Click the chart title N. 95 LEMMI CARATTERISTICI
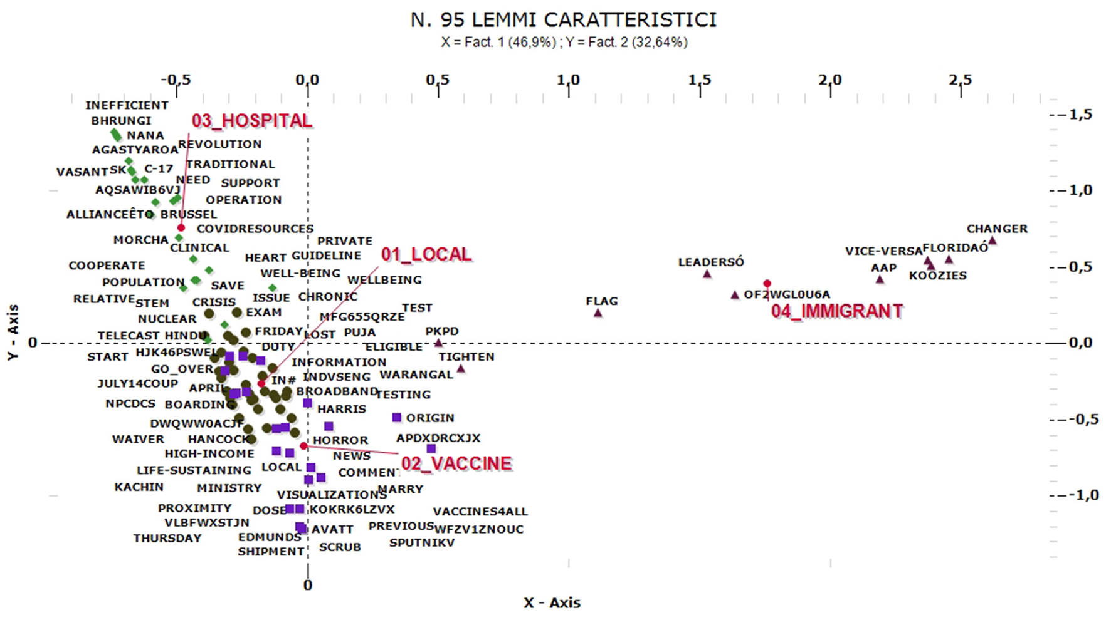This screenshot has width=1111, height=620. (x=563, y=19)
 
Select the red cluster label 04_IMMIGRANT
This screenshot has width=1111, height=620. (x=836, y=311)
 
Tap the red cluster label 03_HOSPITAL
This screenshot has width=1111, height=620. (x=251, y=121)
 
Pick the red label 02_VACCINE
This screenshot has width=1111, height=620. (x=456, y=463)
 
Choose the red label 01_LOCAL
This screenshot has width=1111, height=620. (x=426, y=254)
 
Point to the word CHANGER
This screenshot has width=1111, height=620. (x=996, y=229)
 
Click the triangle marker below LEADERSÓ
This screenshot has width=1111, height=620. (x=707, y=274)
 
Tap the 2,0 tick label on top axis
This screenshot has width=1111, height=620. (x=829, y=80)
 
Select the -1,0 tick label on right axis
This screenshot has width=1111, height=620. (x=1083, y=495)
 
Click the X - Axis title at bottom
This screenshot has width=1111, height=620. (x=552, y=602)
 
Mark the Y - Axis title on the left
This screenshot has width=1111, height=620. (x=13, y=333)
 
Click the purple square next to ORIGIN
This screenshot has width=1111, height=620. (x=396, y=418)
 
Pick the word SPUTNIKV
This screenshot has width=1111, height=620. (x=421, y=543)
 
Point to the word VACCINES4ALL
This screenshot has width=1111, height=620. (x=480, y=512)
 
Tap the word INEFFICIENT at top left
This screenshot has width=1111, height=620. (x=127, y=105)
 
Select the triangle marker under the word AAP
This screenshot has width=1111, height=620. (x=880, y=279)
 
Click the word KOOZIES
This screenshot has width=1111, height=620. (x=937, y=276)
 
